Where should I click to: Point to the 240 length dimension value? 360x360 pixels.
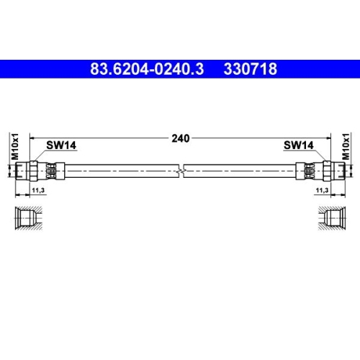(180, 139)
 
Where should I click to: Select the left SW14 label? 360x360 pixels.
(60, 145)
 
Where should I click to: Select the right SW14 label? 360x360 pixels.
(298, 145)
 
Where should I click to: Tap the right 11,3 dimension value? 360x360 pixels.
(322, 189)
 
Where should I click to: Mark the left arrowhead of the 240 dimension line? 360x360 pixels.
(31, 138)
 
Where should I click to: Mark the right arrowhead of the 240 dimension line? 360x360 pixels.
(329, 138)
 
